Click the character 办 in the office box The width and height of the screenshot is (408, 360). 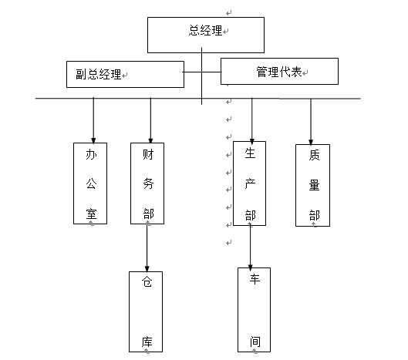click(x=91, y=155)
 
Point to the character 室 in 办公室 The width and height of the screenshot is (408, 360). click(x=91, y=214)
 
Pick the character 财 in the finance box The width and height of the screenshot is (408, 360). click(x=148, y=154)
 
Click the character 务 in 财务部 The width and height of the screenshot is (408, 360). click(x=148, y=183)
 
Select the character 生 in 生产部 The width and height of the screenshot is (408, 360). click(x=250, y=153)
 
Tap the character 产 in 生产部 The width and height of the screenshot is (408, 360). click(x=250, y=184)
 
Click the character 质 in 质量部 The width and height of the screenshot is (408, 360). click(x=315, y=155)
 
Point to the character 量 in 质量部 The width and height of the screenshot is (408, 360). click(x=315, y=186)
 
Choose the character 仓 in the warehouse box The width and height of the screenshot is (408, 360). click(x=147, y=281)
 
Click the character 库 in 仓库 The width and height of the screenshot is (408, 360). click(x=147, y=341)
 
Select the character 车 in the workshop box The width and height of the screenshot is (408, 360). click(x=255, y=279)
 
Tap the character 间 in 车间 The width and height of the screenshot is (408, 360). click(x=255, y=341)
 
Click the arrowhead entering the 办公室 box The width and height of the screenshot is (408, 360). click(x=93, y=140)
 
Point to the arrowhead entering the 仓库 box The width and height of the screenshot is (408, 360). click(x=147, y=269)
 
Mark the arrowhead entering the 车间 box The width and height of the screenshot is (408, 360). click(x=251, y=267)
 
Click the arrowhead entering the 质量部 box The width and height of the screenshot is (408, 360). click(x=311, y=142)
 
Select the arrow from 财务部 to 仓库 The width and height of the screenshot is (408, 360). click(x=147, y=248)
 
